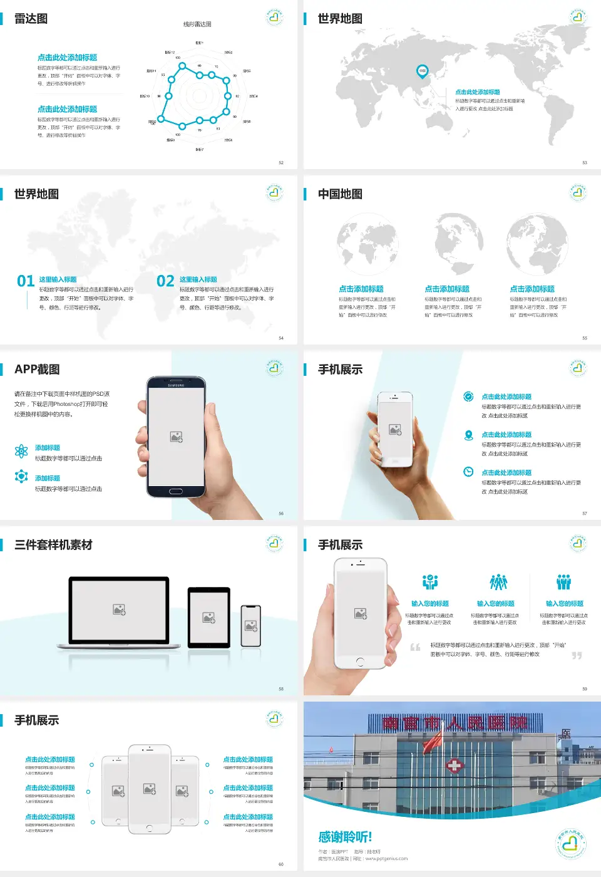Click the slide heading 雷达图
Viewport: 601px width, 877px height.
pos(31,19)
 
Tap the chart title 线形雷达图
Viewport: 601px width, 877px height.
pos(197,24)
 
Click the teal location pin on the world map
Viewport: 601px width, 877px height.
pos(423,71)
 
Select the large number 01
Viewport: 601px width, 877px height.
pos(26,281)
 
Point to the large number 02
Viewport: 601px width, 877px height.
pos(165,281)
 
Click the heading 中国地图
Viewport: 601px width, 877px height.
pos(340,194)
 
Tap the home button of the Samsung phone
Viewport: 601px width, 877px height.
pos(176,491)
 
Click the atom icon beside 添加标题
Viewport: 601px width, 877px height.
pos(21,451)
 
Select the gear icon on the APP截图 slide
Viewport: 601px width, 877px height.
pos(21,477)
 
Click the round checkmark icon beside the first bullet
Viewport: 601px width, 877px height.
pos(468,397)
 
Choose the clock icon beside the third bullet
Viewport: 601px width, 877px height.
pos(468,472)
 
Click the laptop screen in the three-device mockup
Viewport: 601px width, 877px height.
pos(119,609)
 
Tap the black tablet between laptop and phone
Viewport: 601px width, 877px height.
pos(209,618)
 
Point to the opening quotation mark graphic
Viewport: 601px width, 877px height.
pos(415,647)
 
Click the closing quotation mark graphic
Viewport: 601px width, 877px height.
pos(577,655)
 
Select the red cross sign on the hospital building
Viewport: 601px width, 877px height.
pos(454,765)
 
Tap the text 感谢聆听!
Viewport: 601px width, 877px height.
pos(345,837)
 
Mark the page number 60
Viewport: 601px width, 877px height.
pos(281,864)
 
